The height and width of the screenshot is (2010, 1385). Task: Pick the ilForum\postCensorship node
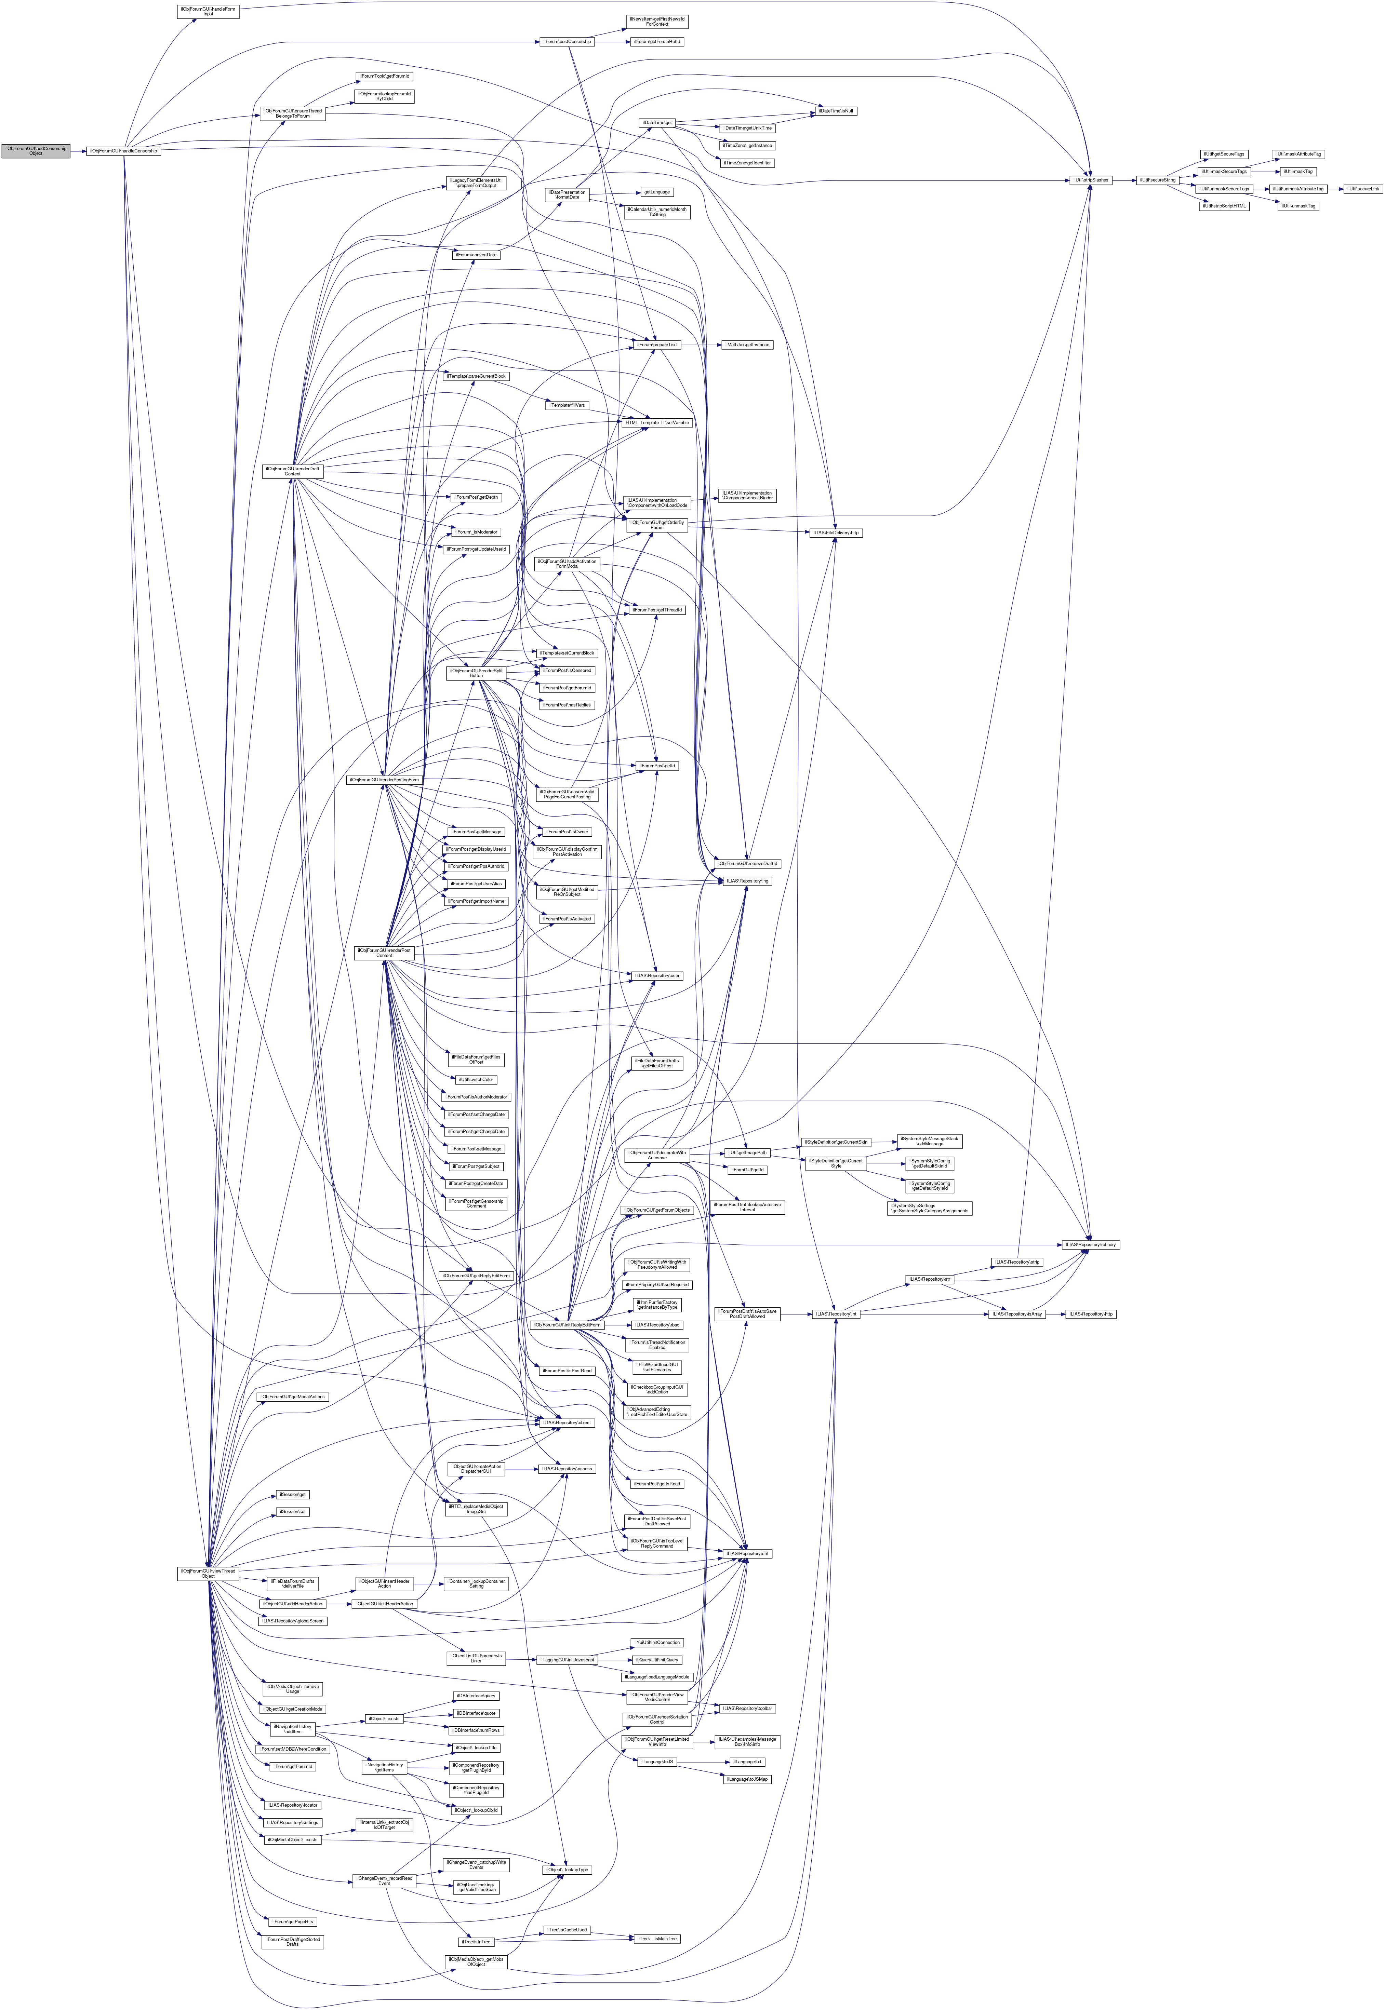click(x=568, y=42)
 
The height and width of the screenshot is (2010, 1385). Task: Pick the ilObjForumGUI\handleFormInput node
click(x=208, y=11)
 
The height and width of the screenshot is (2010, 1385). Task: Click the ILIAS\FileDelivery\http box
click(x=836, y=532)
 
